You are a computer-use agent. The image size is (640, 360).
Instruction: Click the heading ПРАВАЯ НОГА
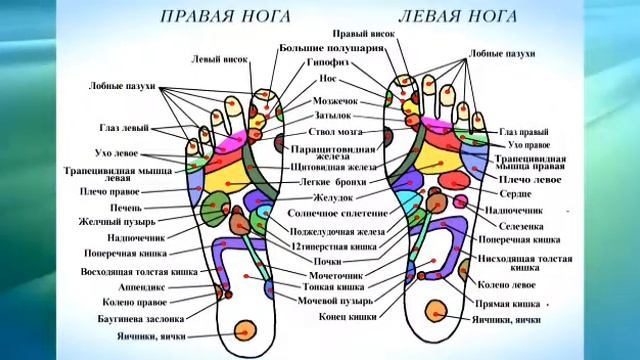(x=228, y=17)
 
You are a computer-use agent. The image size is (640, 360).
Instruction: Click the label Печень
(x=126, y=207)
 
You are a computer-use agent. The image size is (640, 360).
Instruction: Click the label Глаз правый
(x=523, y=131)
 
